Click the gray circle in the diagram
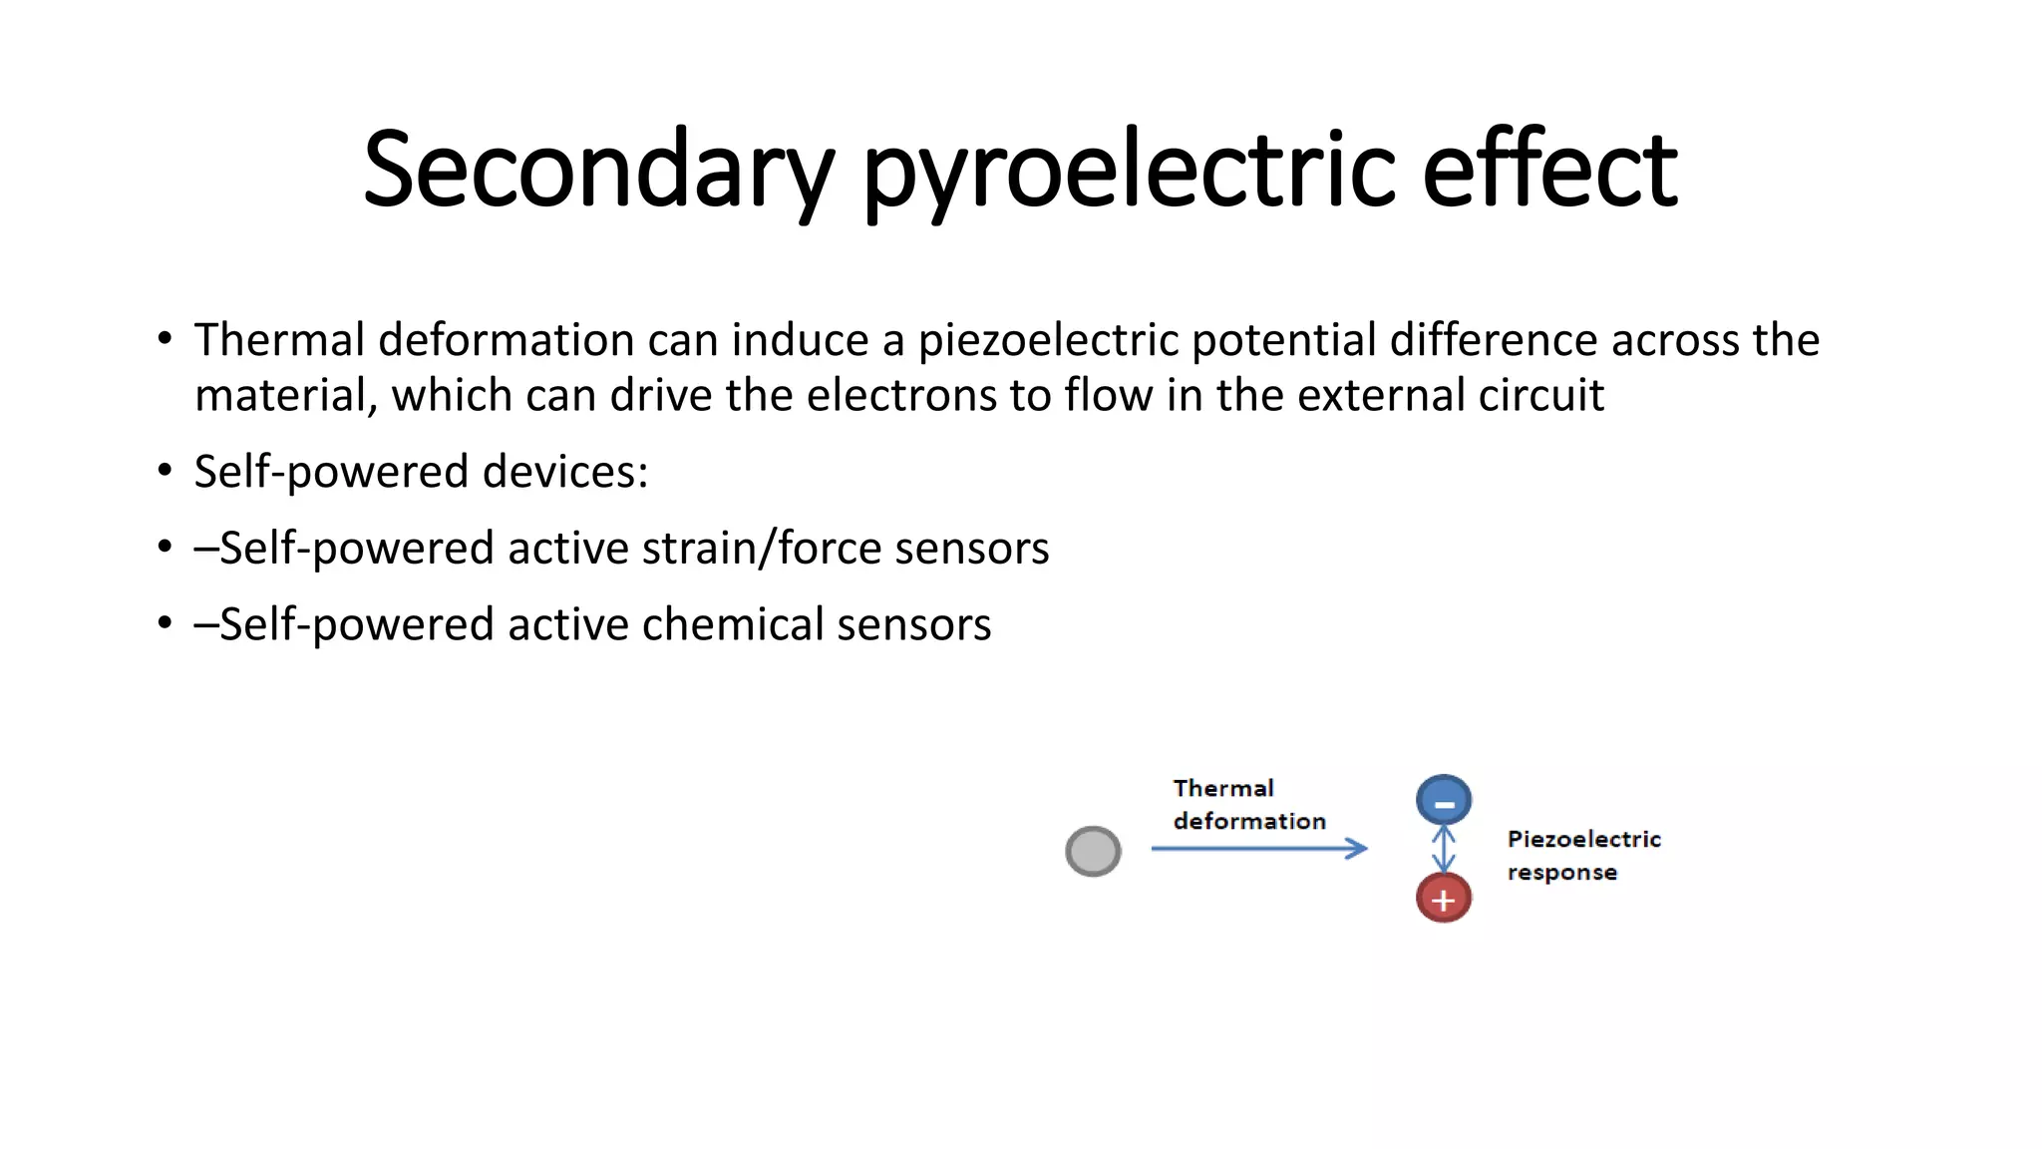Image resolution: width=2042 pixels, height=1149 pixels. pyautogui.click(x=1093, y=851)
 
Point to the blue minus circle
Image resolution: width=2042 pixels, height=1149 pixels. pyautogui.click(x=1443, y=800)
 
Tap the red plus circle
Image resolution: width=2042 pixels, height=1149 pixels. pyautogui.click(x=1443, y=898)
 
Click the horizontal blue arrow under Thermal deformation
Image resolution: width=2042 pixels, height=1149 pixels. pyautogui.click(x=1258, y=849)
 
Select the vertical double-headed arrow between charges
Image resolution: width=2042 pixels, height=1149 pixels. pyautogui.click(x=1443, y=849)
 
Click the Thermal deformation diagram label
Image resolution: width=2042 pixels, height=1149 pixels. pyautogui.click(x=1248, y=804)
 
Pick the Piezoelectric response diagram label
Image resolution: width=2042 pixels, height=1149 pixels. pyautogui.click(x=1582, y=855)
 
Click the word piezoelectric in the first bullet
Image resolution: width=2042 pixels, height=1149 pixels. pyautogui.click(x=1048, y=340)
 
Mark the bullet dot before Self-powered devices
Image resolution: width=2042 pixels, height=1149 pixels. pyautogui.click(x=165, y=471)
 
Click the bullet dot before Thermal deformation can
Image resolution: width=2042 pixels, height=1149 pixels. pyautogui.click(x=165, y=339)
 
